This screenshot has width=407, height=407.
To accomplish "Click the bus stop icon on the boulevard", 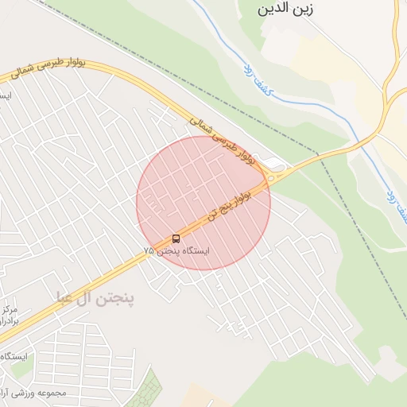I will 176,238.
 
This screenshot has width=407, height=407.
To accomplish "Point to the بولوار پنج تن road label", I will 237,202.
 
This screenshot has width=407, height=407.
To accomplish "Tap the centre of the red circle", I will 203,203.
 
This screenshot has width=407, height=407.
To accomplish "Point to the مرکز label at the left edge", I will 10,308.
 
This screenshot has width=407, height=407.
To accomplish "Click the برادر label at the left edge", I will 10,320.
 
